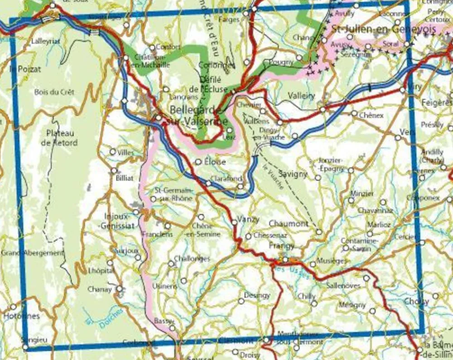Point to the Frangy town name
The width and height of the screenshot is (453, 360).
[x=282, y=246]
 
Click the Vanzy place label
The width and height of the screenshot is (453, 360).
[x=249, y=219]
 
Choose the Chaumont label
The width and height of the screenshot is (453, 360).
[x=289, y=224]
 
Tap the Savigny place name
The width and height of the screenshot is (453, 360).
[x=293, y=174]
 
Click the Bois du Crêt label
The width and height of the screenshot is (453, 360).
[x=54, y=92]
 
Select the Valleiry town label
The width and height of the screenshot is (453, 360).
[x=301, y=96]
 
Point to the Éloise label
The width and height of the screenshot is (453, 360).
[x=215, y=161]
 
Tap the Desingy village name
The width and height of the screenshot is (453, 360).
[x=257, y=295]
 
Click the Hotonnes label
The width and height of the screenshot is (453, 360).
[x=21, y=316]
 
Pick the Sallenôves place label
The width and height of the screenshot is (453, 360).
[x=343, y=286]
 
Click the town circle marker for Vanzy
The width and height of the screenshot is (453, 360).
[x=234, y=222]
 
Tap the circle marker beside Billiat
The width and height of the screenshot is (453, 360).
[x=114, y=171]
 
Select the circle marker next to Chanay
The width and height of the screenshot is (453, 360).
[x=119, y=288]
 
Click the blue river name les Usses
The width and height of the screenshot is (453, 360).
[x=292, y=272]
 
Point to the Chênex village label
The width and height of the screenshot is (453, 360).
[x=371, y=115]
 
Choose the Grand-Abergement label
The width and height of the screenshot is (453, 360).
[x=32, y=253]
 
